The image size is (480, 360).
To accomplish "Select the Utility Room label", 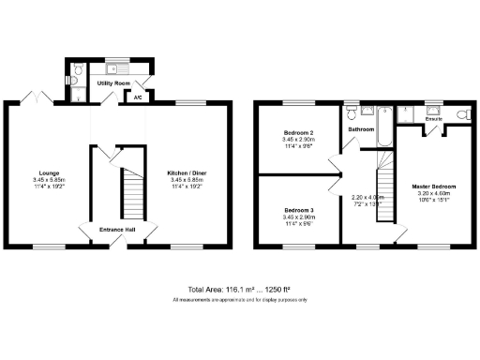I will (x=114, y=83).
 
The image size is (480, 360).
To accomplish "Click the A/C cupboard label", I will (x=137, y=97).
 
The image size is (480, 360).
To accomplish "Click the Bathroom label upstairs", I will (x=363, y=128).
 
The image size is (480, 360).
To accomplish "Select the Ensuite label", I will (x=434, y=120).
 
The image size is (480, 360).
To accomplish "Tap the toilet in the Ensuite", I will (x=459, y=114).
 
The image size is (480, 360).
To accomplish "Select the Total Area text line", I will (x=239, y=289).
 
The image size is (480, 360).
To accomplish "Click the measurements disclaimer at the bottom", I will (x=239, y=299).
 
